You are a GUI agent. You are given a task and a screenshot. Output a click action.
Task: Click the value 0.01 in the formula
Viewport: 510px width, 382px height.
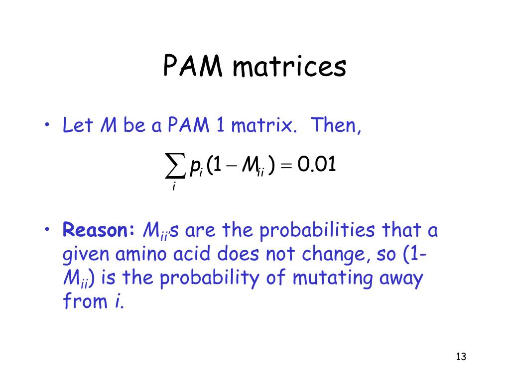coord(317,165)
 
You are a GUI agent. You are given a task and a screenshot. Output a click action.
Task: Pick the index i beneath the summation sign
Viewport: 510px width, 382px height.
coord(174,187)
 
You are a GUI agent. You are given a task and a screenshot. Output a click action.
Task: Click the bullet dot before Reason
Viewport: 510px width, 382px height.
coord(46,230)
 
